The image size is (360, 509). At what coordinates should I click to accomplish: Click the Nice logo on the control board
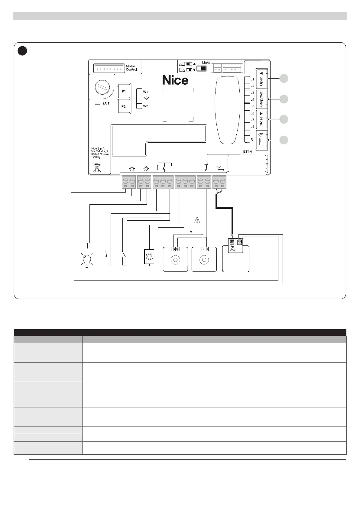point(175,80)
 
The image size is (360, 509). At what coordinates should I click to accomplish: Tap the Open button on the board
point(261,79)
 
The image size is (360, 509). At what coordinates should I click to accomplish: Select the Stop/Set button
point(261,99)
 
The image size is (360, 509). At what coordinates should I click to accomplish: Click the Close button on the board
point(261,120)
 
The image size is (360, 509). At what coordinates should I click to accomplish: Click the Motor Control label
point(131,68)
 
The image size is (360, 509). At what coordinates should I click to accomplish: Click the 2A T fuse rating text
point(106,103)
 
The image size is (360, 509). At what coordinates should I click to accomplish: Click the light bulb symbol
point(87,260)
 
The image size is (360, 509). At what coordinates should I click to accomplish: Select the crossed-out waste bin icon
point(97,167)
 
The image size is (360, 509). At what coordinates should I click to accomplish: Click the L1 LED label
point(252,79)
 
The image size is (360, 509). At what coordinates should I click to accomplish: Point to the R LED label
point(251,140)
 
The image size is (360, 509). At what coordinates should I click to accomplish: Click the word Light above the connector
point(206,63)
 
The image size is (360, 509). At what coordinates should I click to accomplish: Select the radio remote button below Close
point(261,140)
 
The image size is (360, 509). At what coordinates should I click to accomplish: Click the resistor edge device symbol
point(150,257)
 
